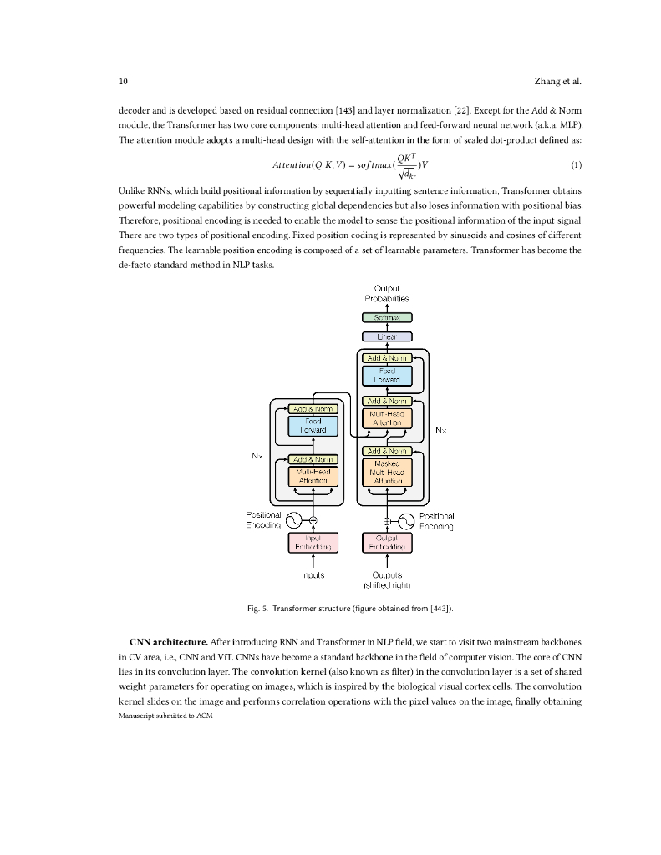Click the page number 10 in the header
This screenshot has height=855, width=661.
[123, 81]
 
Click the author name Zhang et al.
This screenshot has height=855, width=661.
[557, 81]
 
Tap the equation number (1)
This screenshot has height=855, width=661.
[574, 164]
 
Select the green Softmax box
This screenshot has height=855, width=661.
[387, 317]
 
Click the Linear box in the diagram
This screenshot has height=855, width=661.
[387, 336]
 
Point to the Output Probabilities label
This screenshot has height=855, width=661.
[387, 293]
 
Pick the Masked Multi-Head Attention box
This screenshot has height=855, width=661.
[387, 473]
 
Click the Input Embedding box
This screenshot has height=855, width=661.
[313, 543]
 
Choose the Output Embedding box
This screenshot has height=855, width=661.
[387, 543]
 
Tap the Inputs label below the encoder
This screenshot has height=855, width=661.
[313, 575]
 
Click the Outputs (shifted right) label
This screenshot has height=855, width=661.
[387, 579]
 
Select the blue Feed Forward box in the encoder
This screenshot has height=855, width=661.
[313, 426]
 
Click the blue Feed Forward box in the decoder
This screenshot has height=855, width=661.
[387, 375]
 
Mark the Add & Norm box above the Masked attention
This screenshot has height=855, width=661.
[387, 452]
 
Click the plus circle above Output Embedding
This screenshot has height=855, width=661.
[387, 521]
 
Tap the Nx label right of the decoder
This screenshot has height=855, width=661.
[442, 431]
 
